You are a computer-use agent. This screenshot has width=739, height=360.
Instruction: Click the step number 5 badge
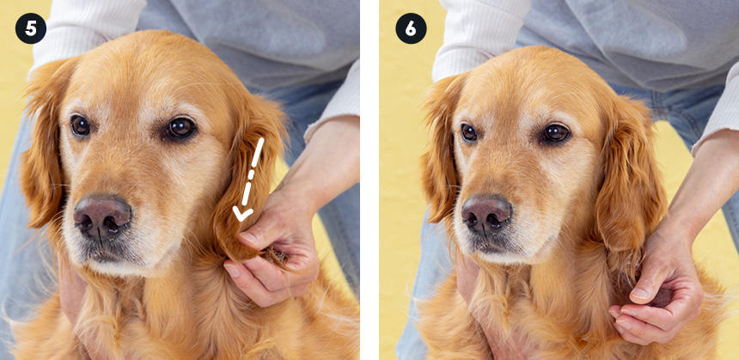tap(31, 28)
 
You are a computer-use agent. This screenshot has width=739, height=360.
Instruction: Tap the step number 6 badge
tap(411, 28)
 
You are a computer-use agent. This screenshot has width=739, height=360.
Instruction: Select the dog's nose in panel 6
tap(487, 215)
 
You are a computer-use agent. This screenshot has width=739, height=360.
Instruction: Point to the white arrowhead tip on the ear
tap(241, 220)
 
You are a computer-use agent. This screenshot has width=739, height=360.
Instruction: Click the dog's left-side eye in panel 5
tap(80, 125)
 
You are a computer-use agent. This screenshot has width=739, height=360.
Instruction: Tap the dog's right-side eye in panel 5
tap(180, 128)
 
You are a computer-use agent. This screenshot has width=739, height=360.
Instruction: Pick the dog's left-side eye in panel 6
tap(469, 133)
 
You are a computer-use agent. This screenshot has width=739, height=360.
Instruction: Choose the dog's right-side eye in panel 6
tap(556, 133)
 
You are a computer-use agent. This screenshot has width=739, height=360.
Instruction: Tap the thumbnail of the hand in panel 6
tap(641, 294)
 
